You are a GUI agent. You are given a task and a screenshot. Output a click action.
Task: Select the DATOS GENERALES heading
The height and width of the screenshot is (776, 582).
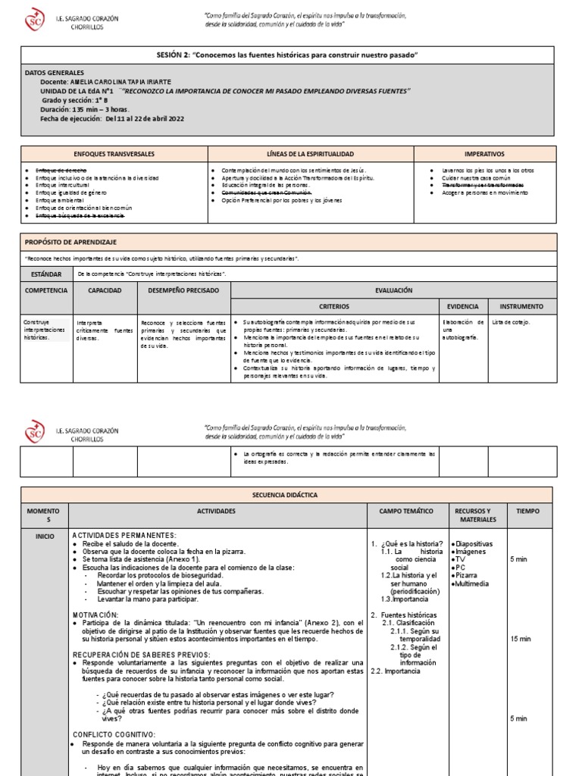click(55, 72)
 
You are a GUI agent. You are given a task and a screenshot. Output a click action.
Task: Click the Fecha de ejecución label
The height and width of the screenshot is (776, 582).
click(71, 119)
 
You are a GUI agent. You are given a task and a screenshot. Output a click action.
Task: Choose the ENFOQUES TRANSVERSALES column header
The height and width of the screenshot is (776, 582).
click(114, 154)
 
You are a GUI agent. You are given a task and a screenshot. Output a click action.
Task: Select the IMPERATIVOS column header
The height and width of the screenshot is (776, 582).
click(484, 154)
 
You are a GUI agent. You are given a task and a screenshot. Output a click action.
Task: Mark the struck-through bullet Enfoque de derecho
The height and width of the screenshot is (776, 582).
click(61, 171)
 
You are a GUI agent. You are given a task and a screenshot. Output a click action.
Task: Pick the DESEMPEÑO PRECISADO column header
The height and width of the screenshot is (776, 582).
click(183, 290)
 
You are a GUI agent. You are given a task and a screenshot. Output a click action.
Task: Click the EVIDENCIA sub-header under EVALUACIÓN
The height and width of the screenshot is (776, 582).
click(462, 306)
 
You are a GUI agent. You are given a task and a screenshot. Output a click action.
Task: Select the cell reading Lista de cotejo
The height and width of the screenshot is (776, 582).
click(512, 322)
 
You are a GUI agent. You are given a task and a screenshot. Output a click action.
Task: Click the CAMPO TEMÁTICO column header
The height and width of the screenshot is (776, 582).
click(406, 512)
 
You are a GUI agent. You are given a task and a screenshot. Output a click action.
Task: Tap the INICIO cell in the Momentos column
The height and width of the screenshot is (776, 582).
click(45, 536)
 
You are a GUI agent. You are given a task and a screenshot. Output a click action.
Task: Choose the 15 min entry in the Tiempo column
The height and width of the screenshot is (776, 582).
click(521, 639)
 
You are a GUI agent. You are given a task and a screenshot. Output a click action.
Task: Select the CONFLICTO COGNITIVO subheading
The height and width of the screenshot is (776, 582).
click(114, 734)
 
